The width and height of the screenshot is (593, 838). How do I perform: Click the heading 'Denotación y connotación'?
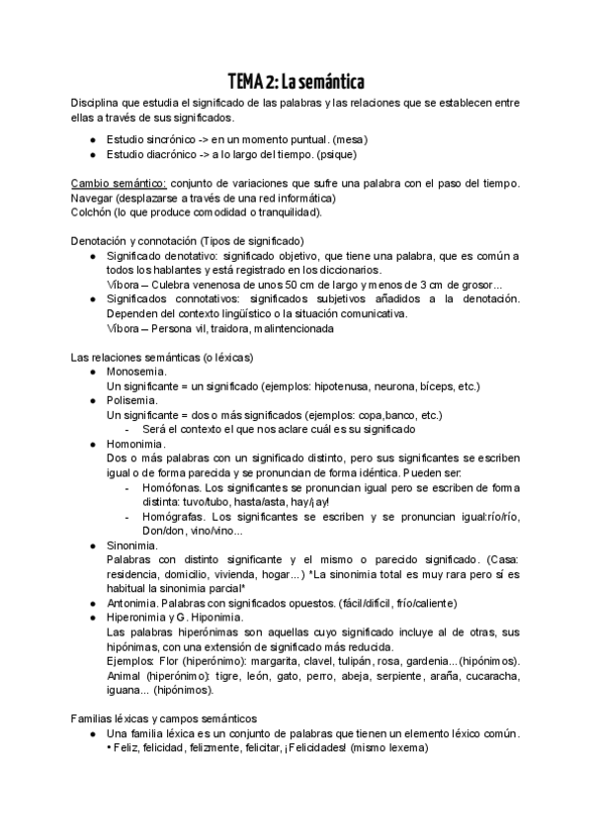coord(134,241)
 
